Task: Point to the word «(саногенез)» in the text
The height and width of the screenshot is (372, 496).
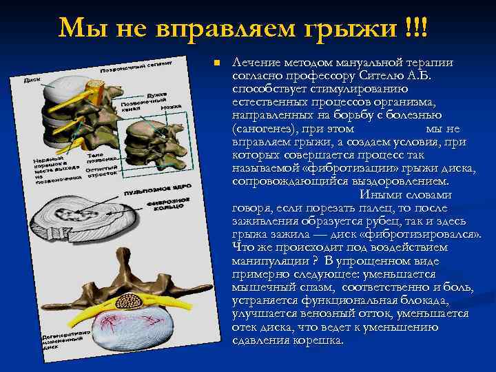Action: (x=264, y=128)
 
